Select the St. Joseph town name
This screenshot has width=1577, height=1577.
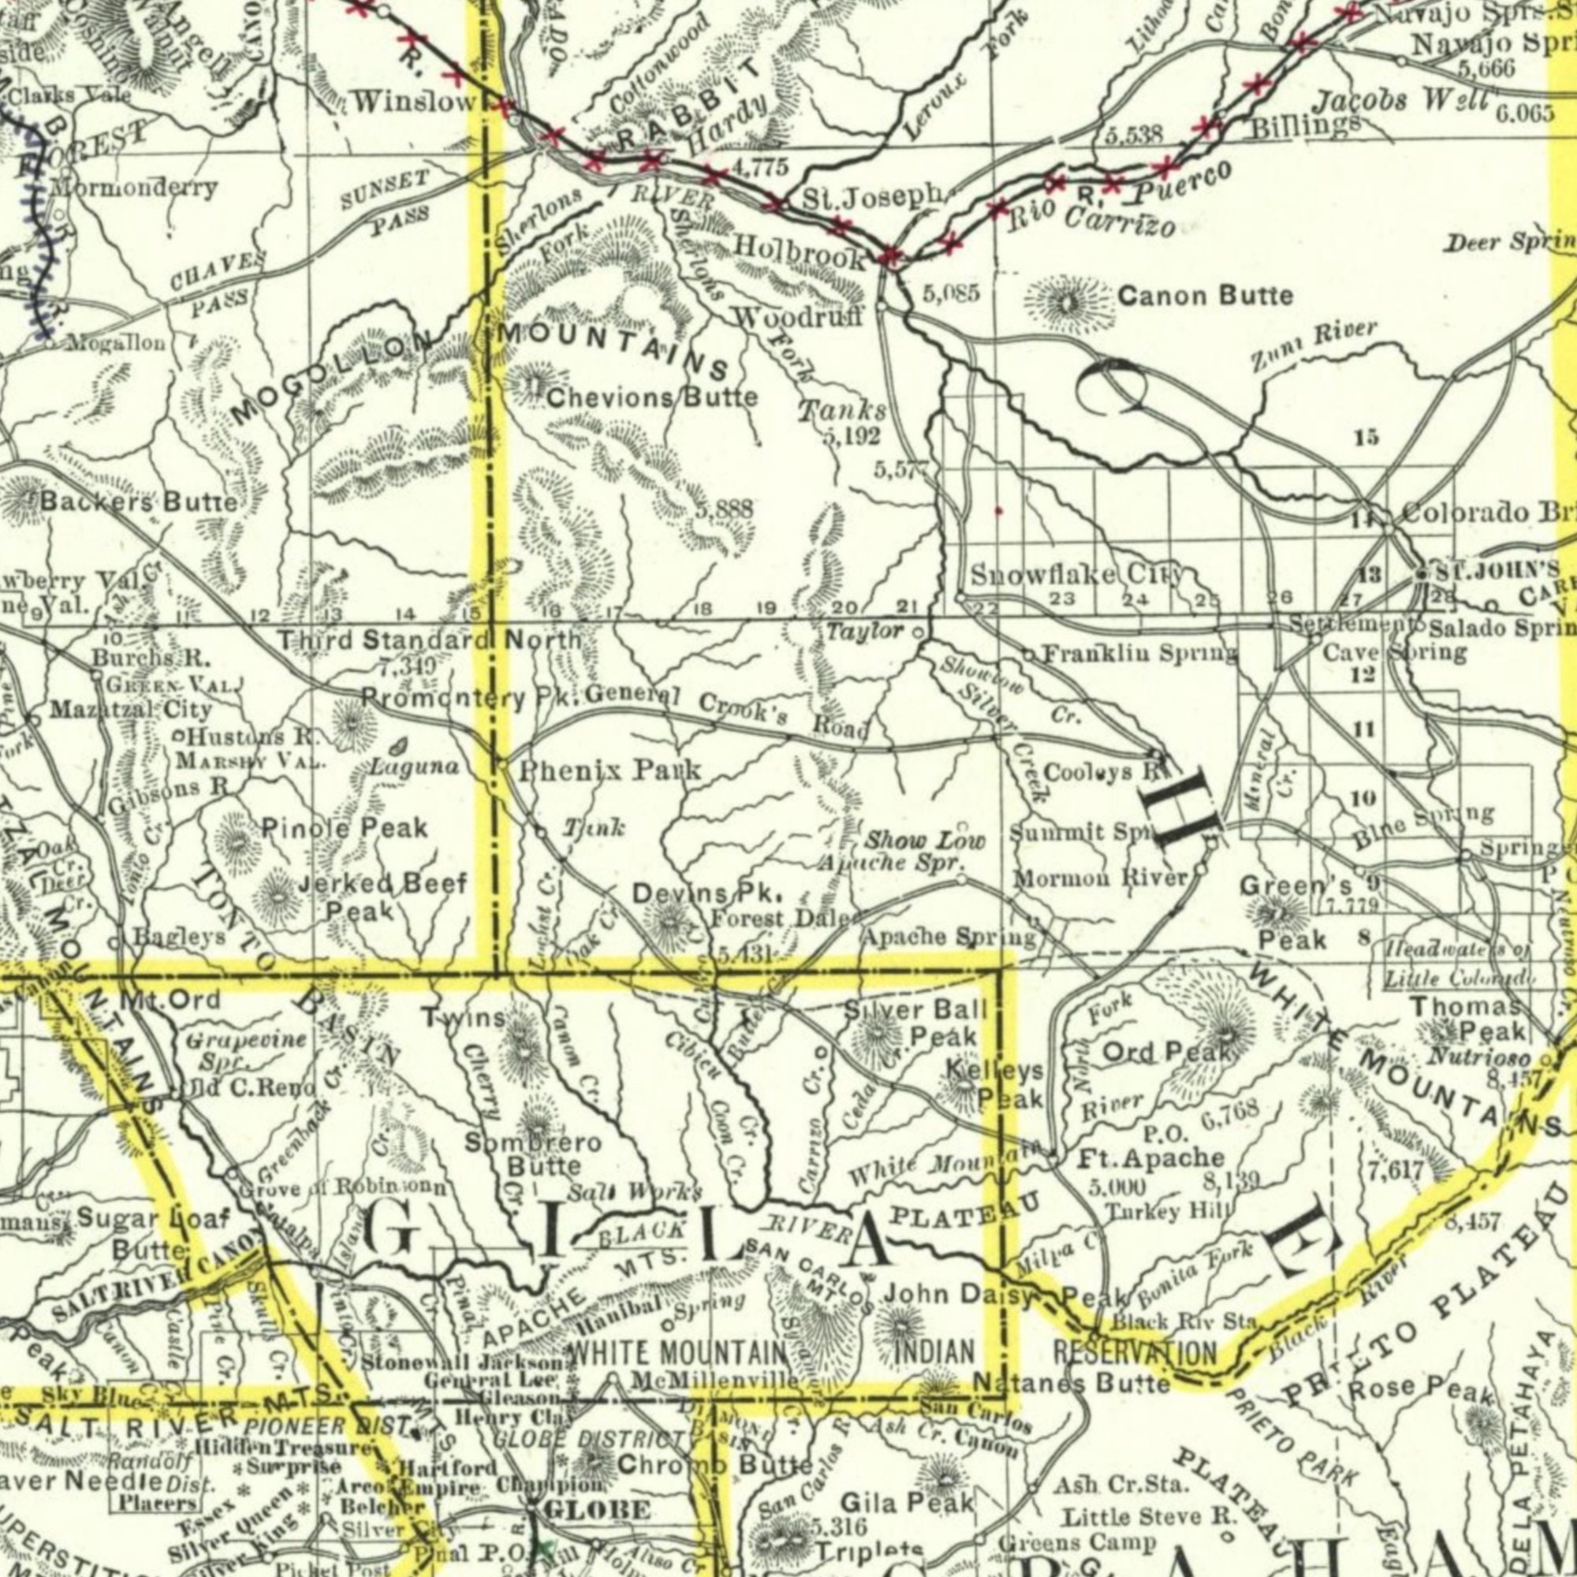click(x=873, y=199)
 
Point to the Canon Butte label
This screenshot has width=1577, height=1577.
click(x=1205, y=296)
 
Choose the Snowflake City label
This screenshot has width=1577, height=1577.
click(x=1076, y=575)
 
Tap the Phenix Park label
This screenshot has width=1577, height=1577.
click(x=610, y=769)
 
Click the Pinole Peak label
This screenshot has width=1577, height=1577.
click(x=345, y=828)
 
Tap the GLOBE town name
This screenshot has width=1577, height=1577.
click(x=597, y=1510)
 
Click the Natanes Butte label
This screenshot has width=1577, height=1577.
click(x=1074, y=1383)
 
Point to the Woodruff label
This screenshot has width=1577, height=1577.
click(x=799, y=316)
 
